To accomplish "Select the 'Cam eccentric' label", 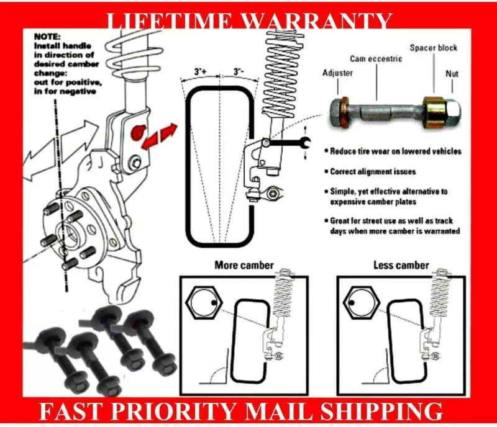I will point(375,59).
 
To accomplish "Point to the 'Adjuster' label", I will point(338,73).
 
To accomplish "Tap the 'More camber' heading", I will point(244,265).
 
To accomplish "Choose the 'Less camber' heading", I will point(401,265).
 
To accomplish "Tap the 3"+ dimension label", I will point(200,73).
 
